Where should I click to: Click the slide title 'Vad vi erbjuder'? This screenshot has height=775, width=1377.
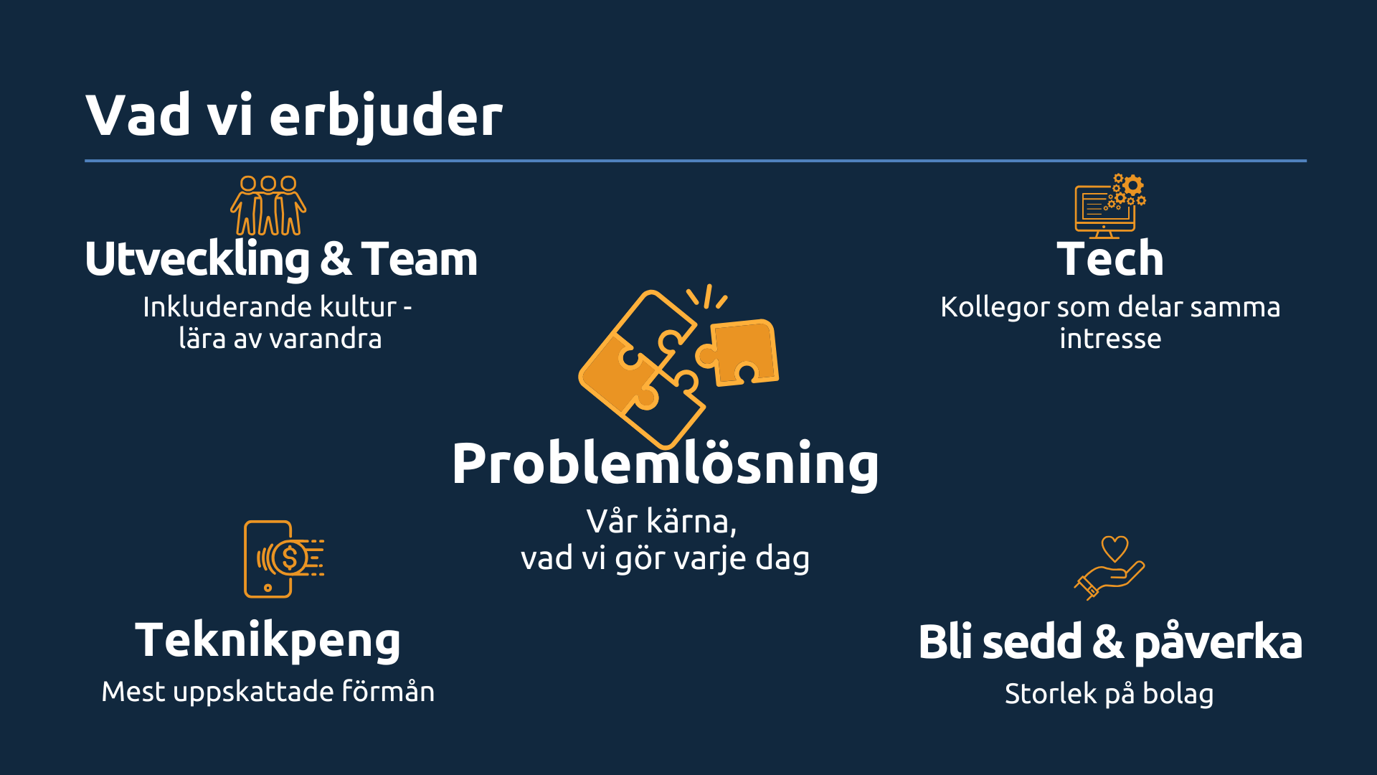click(x=294, y=115)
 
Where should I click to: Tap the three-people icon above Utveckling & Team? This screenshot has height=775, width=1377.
click(x=268, y=205)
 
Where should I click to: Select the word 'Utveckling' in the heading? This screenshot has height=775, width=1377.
click(x=197, y=260)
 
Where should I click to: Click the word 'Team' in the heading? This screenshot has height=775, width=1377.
click(x=420, y=259)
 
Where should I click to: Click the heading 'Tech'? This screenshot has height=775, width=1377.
click(x=1110, y=259)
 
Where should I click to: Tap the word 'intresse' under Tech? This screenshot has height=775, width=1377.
click(x=1110, y=339)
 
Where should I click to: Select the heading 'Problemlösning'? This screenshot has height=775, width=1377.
click(x=666, y=464)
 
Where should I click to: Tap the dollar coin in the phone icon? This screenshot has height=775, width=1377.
click(x=290, y=558)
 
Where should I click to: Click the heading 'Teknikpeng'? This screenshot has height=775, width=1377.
click(x=268, y=641)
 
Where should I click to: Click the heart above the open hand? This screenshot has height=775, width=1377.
click(x=1115, y=549)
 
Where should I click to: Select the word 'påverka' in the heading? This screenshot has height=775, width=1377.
click(x=1219, y=642)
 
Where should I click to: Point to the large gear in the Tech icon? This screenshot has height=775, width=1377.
click(x=1132, y=186)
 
